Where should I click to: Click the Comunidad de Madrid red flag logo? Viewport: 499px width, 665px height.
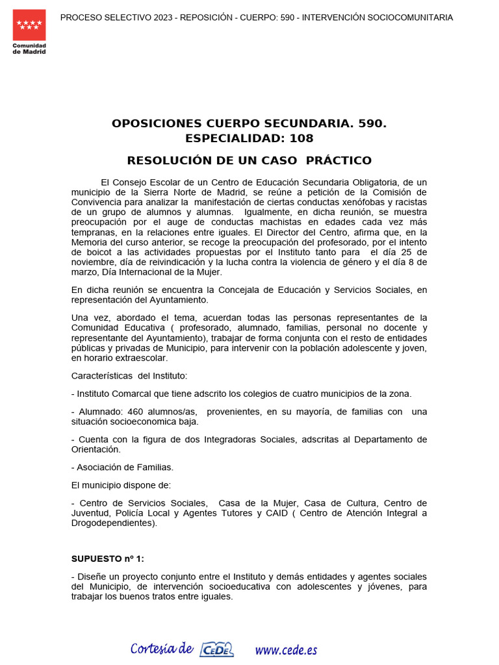(29, 25)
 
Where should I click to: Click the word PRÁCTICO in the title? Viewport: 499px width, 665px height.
(339, 160)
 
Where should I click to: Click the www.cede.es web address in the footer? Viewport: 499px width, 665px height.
(286, 649)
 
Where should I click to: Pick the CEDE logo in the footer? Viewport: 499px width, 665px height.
(217, 649)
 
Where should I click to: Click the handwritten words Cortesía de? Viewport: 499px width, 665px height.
(162, 649)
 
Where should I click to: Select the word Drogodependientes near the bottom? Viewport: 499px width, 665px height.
(112, 523)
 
